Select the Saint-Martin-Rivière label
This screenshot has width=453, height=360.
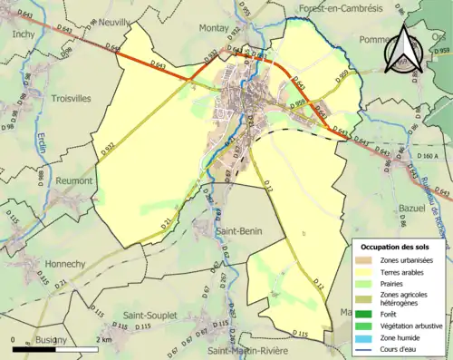pyautogui.click(x=252, y=351)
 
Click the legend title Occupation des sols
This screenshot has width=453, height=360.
pyautogui.click(x=400, y=246)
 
